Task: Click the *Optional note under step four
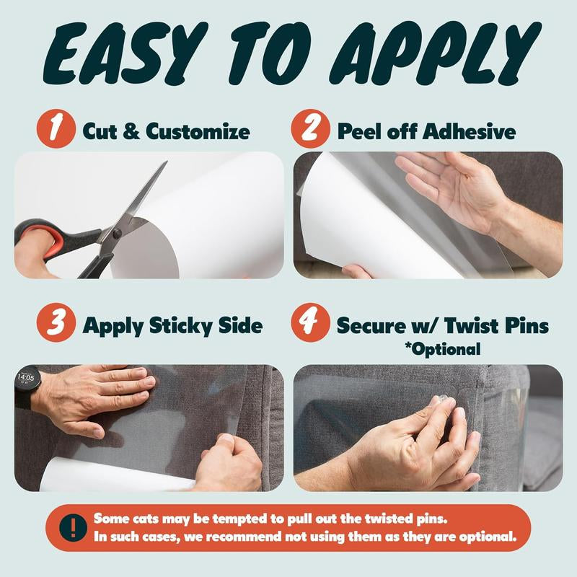click(441, 350)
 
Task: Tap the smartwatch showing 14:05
click(25, 383)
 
